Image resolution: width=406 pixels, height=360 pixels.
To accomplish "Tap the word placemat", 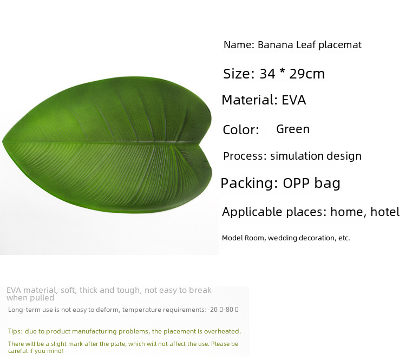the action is coord(340,45).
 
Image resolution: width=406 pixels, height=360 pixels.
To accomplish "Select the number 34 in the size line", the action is coord(267,74).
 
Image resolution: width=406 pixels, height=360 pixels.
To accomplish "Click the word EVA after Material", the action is coord(293,100).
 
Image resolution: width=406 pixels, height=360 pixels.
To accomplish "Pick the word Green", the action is coord(293,129).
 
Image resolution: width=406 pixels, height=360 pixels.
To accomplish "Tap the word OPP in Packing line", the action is coord(296,183).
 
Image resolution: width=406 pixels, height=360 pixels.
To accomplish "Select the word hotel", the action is coord(385,212).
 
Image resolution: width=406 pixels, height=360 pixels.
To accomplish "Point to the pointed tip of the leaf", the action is coord(2,141).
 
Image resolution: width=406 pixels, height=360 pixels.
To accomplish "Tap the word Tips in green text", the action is coord(15,331).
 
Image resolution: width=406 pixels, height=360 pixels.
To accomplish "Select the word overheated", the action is coord(222,331).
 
